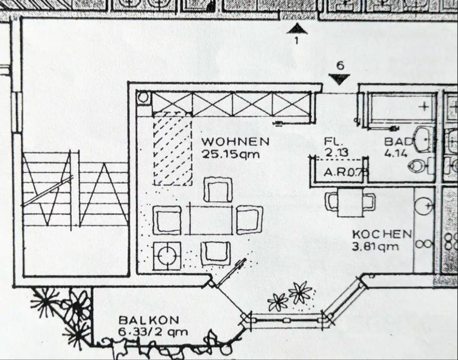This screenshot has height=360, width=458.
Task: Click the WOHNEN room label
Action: [235, 142]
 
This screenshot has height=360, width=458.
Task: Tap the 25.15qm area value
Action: [231, 154]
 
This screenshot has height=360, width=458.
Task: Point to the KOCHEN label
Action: [382, 234]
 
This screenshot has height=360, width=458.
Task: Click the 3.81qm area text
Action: [375, 247]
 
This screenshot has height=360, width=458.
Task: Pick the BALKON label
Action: [149, 320]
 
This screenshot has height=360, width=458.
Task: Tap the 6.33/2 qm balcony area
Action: [153, 332]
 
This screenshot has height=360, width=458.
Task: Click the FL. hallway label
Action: [333, 142]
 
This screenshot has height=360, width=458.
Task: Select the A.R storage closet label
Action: [345, 172]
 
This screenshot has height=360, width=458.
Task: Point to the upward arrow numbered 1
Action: [296, 29]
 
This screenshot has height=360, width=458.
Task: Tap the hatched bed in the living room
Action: [173, 149]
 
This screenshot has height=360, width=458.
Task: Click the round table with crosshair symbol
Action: [167, 256]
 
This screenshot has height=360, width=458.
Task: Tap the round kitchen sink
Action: [425, 205]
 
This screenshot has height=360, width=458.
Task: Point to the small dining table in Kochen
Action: [350, 202]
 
